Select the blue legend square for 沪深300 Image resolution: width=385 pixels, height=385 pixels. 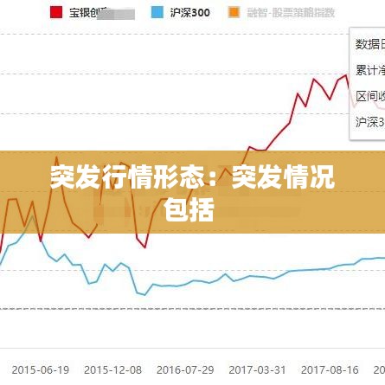tap(157, 13)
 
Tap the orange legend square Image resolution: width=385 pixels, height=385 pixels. tap(234, 13)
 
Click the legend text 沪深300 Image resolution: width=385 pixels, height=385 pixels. tap(189, 13)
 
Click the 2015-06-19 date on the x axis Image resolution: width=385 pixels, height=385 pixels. tap(40, 369)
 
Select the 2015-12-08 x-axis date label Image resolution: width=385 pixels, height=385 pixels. tap(112, 369)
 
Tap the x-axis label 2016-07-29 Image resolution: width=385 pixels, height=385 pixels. tap(185, 369)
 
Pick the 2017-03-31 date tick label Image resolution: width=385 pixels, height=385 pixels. tap(257, 369)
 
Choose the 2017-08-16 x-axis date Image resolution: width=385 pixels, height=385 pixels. tap(330, 369)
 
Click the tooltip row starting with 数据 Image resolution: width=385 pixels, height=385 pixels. tap(369, 44)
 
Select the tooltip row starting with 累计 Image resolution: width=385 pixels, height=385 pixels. tap(369, 70)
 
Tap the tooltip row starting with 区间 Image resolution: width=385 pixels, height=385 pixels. tap(369, 96)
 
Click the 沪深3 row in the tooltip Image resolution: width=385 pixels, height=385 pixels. tap(369, 122)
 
